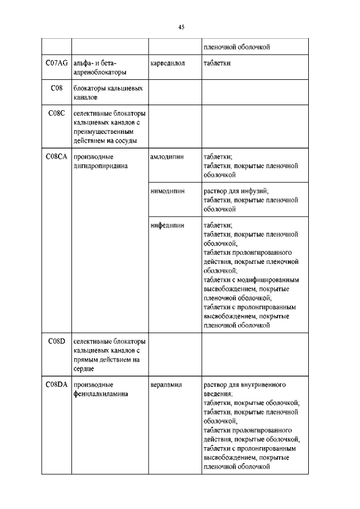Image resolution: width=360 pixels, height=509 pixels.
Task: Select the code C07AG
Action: [x=56, y=63]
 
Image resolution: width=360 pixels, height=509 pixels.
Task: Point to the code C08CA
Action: [x=56, y=157]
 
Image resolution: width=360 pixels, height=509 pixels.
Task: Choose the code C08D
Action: [x=56, y=341]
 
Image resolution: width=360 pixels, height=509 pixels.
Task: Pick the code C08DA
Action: [x=56, y=385]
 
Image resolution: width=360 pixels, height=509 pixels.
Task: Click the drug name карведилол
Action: [x=168, y=63]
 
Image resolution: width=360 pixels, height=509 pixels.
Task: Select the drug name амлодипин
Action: [x=168, y=157]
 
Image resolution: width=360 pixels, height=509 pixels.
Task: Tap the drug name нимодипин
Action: [x=168, y=191]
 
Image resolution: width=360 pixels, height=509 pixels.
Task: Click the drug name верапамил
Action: [x=167, y=385]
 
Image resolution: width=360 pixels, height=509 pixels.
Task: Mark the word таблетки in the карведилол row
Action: [x=217, y=63]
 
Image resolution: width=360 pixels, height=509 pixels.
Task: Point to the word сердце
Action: [x=83, y=368]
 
